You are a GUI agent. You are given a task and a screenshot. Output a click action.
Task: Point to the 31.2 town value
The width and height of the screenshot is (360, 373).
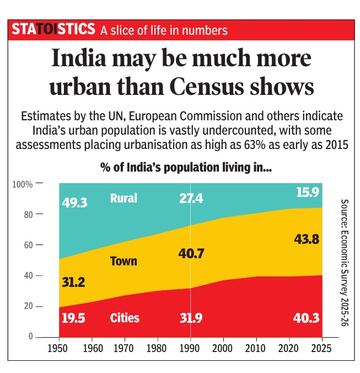click(74, 283)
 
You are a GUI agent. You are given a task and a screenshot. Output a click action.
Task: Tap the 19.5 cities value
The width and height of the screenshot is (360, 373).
click(74, 318)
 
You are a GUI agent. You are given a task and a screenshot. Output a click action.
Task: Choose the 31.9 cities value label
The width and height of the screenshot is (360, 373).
click(191, 318)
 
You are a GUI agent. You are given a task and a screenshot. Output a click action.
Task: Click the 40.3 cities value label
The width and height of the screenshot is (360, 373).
click(305, 318)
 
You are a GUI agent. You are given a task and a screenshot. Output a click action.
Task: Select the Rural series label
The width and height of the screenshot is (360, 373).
click(123, 198)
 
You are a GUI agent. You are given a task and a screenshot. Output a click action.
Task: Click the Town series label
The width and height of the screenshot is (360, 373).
click(123, 261)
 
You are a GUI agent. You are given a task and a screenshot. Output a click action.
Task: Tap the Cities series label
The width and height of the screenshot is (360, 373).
click(125, 318)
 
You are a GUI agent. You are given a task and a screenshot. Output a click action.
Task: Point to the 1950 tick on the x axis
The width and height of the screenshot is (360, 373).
click(59, 349)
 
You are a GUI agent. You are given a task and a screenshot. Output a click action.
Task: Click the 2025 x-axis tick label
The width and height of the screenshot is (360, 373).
click(322, 349)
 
